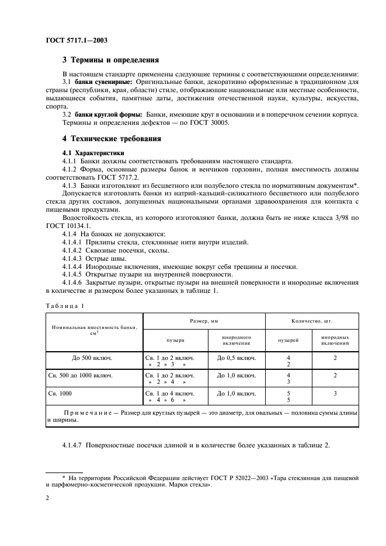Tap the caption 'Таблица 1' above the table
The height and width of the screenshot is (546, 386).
tap(65, 305)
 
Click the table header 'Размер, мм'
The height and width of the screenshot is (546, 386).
tap(204, 321)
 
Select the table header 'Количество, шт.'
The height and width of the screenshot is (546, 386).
tap(311, 321)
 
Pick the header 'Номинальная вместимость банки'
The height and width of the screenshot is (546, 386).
tap(95, 329)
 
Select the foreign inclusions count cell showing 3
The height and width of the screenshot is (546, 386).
tap(335, 394)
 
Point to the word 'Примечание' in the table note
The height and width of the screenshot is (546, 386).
tap(88, 412)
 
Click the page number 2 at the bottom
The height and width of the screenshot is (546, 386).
tap(47, 499)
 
